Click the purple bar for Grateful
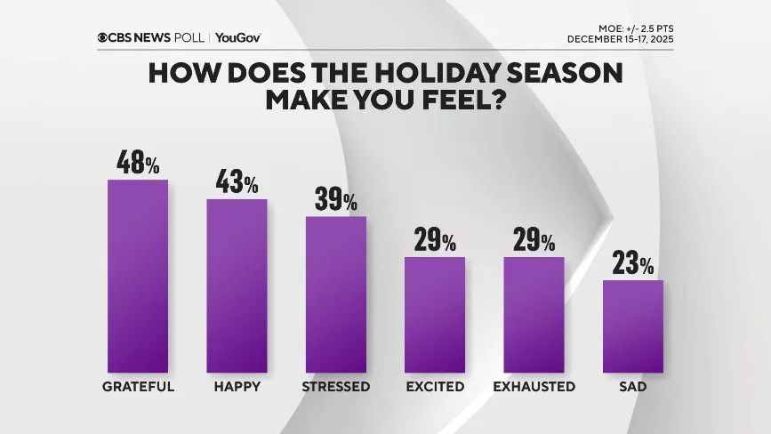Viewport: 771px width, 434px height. click(x=138, y=276)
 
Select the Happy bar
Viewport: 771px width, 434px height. click(x=237, y=285)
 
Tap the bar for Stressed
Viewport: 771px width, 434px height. click(x=336, y=293)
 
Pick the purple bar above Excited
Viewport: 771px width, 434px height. click(x=435, y=314)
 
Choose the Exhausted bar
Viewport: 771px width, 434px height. click(x=534, y=314)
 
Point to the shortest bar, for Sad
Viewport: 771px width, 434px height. click(x=633, y=325)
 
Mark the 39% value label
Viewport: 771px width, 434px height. click(x=336, y=200)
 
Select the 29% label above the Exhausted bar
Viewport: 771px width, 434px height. click(x=534, y=240)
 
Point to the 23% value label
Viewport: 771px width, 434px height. click(x=633, y=264)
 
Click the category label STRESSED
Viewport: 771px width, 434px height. click(x=336, y=387)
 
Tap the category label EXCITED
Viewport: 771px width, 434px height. click(x=435, y=387)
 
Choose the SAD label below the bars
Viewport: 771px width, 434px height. click(x=633, y=387)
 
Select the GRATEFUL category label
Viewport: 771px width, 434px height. click(x=138, y=387)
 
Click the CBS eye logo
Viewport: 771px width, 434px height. click(x=104, y=37)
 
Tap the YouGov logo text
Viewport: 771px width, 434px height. click(x=237, y=37)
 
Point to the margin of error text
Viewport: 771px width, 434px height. click(x=629, y=28)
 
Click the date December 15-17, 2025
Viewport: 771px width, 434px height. click(x=621, y=39)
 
